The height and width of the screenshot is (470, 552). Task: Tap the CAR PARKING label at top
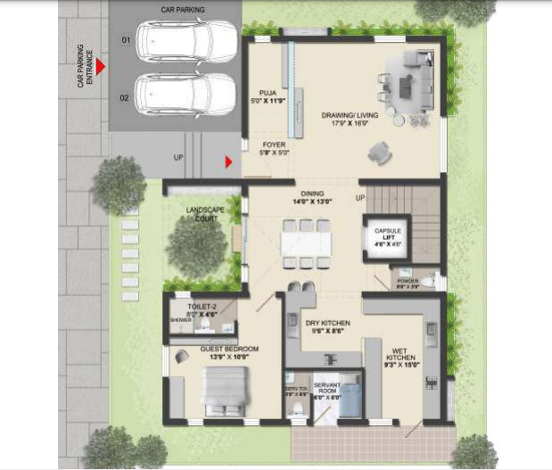coord(183,10)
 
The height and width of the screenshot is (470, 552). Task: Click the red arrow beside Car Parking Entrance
coord(102,66)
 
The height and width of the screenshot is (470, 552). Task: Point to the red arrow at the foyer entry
coord(229,161)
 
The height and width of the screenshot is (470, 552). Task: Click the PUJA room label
coord(268,92)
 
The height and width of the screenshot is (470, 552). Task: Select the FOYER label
coord(274,144)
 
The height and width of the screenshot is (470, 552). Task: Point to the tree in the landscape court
coord(196,245)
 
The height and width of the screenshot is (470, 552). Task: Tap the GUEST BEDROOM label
coord(229,349)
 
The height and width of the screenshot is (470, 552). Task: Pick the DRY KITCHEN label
coord(327,323)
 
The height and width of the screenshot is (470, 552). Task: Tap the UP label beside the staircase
coord(360,197)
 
